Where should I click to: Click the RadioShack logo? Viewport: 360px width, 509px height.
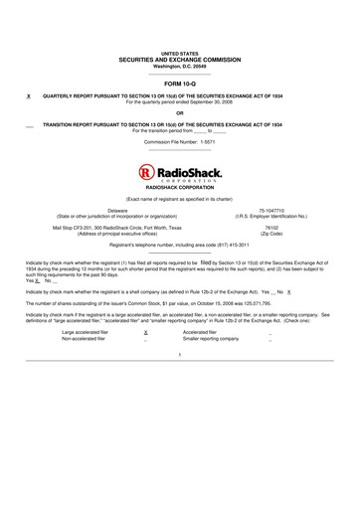(x=179, y=174)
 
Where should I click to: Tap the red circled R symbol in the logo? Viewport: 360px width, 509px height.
(x=147, y=172)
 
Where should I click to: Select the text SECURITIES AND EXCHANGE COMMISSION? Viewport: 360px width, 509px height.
(x=179, y=59)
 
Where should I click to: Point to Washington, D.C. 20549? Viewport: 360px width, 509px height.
(x=179, y=66)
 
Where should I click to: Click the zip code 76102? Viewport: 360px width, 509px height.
(x=271, y=227)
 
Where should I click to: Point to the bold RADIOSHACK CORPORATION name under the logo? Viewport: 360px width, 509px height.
(x=179, y=187)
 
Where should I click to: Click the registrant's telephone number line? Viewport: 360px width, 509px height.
(x=179, y=244)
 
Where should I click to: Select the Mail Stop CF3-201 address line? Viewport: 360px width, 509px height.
(x=117, y=227)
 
